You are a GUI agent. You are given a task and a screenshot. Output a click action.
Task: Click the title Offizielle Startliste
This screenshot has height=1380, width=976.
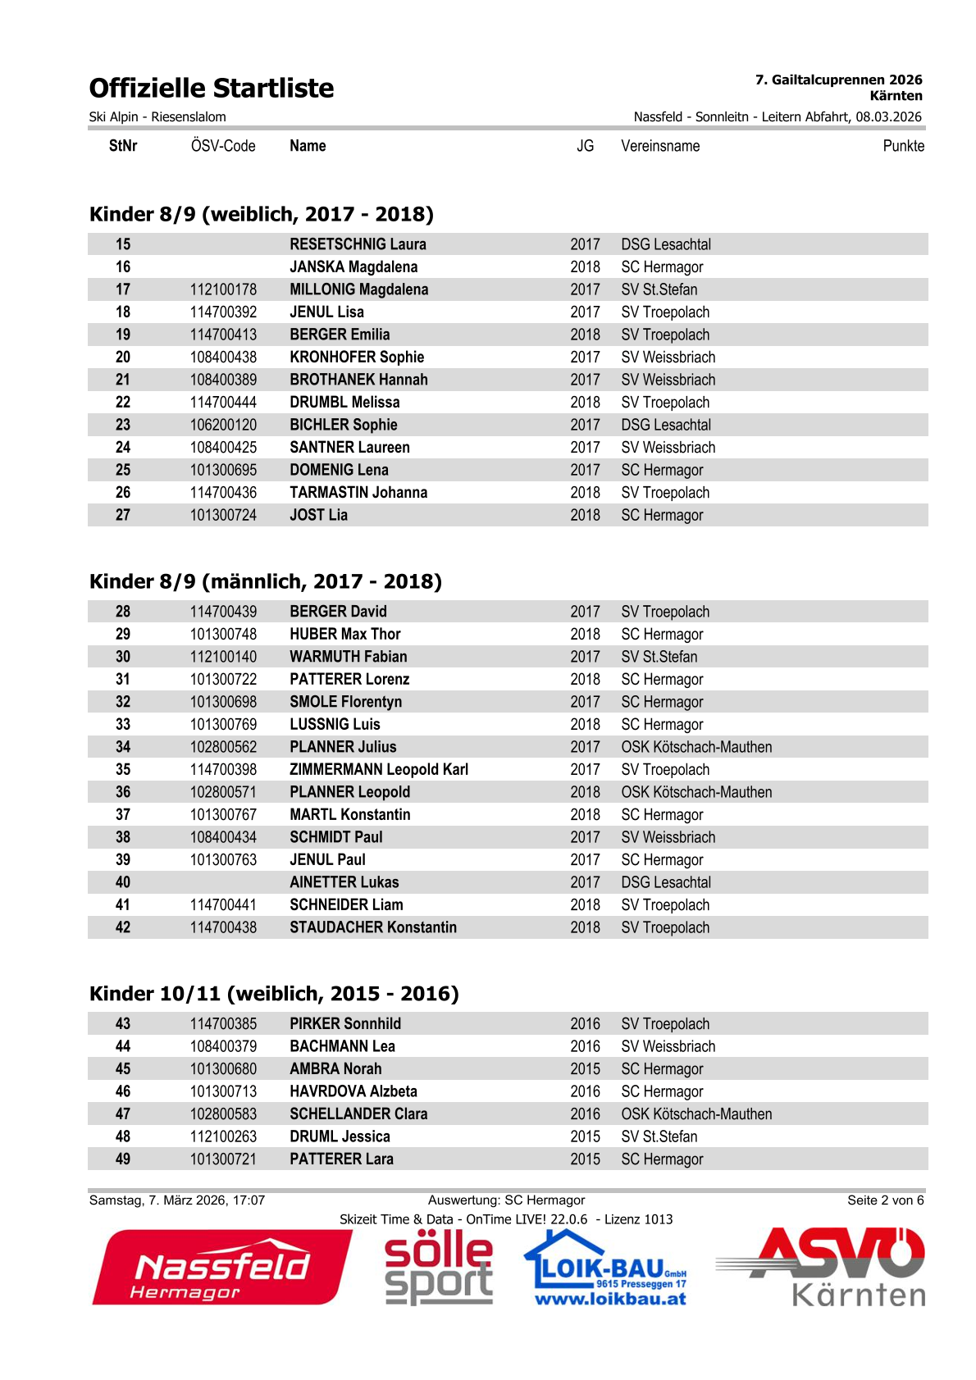[x=212, y=89]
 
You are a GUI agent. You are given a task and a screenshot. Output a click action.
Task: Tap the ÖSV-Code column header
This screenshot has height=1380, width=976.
[x=223, y=146]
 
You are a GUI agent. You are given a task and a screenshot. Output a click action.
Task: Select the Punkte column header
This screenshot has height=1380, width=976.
[x=903, y=146]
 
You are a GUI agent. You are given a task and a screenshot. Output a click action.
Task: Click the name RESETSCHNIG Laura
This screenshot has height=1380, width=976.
[x=358, y=244]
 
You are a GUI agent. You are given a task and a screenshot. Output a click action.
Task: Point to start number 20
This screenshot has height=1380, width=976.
[x=123, y=358]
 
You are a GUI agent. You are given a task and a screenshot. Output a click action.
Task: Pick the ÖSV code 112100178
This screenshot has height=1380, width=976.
[x=223, y=289]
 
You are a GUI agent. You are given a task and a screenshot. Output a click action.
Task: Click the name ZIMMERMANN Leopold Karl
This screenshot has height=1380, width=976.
[x=379, y=770]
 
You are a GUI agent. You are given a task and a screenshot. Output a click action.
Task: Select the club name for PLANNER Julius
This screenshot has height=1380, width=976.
[x=696, y=747]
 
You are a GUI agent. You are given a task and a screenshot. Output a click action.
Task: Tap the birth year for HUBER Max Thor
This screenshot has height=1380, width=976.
[x=585, y=635]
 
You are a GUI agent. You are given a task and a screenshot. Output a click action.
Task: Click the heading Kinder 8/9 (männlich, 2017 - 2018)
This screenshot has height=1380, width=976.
[x=266, y=581]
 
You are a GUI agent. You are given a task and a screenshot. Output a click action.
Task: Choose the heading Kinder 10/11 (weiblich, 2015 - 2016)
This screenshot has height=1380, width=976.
[x=274, y=994]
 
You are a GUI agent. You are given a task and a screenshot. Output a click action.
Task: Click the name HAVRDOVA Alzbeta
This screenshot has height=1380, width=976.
[x=353, y=1091]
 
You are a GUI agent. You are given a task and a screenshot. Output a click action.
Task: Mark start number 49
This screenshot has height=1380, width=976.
[x=123, y=1159]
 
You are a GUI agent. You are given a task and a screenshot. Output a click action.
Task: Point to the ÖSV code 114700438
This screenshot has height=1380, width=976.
[x=223, y=927]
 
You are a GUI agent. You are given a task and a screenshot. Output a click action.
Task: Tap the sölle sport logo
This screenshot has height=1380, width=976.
[x=439, y=1268]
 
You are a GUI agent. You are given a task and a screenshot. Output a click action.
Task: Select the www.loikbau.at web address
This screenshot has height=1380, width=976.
[x=610, y=1299]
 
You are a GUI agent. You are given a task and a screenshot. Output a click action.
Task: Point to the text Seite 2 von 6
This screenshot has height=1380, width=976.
[x=885, y=1200]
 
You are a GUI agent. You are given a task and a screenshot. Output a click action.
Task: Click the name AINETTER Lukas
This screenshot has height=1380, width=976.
[x=344, y=882]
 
